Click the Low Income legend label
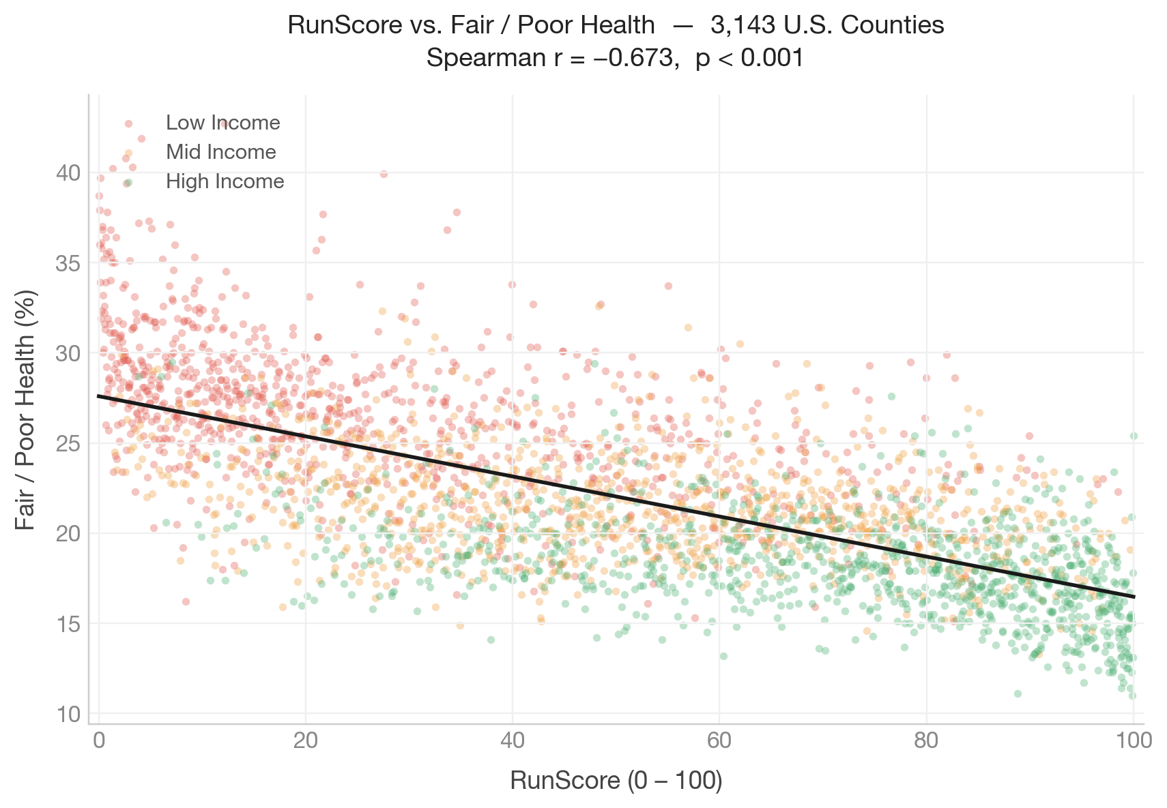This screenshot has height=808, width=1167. (x=223, y=123)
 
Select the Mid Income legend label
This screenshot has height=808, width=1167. (x=221, y=152)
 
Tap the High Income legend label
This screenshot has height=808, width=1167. (x=225, y=181)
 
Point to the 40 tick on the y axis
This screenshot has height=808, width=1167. (x=68, y=173)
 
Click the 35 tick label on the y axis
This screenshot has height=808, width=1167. (x=68, y=263)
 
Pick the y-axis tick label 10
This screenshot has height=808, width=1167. (x=68, y=714)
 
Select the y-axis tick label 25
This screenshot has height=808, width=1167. (x=68, y=444)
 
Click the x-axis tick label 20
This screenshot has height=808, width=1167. (x=306, y=741)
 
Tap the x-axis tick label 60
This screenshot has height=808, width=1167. (x=719, y=741)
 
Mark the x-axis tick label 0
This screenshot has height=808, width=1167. (x=100, y=741)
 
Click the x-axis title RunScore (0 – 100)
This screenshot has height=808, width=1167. (x=616, y=781)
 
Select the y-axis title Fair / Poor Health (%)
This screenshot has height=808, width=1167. (x=25, y=409)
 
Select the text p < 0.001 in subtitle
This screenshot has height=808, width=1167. (x=749, y=59)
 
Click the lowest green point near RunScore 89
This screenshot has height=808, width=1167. (x=1018, y=693)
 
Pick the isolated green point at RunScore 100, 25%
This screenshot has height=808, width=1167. (x=1134, y=436)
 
